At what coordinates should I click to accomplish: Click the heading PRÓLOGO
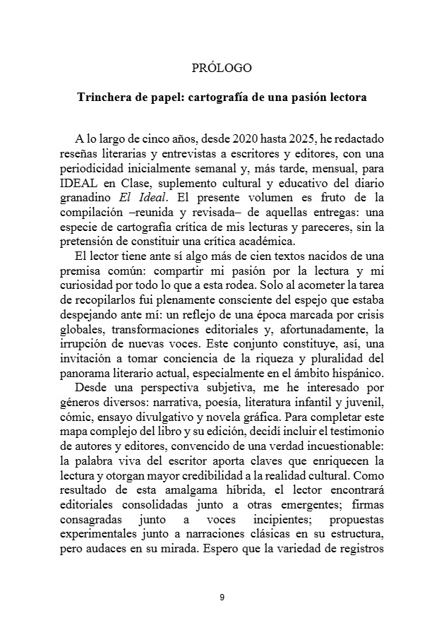pos(222,69)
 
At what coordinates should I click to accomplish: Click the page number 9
pos(222,598)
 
